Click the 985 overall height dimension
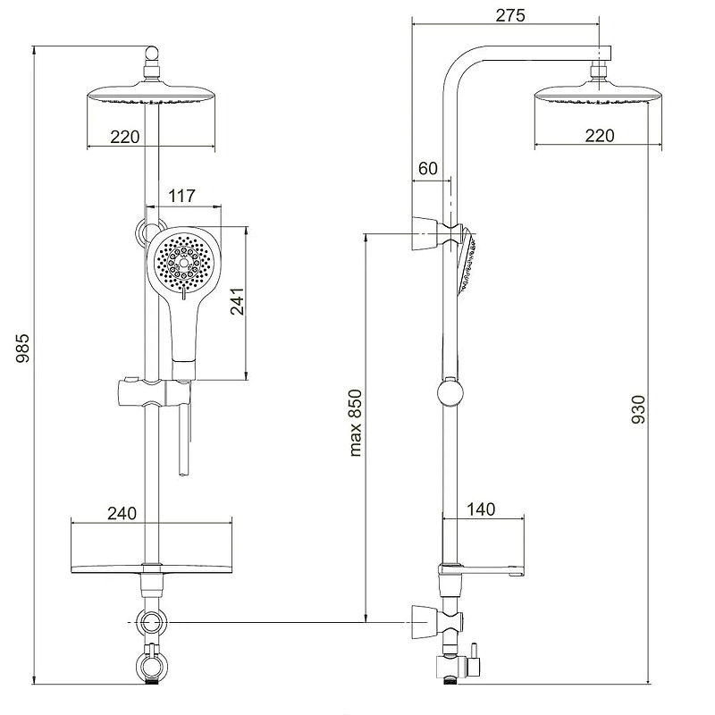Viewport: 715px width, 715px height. point(22,348)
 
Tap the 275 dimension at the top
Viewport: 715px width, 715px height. point(510,15)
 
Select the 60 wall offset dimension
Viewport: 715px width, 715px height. point(428,169)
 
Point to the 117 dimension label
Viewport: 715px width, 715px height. point(181,196)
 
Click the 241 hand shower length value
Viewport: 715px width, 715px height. point(237,301)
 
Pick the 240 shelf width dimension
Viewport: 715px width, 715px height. point(122,513)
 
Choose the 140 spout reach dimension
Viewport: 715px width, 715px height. point(481,509)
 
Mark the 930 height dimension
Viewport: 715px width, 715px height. point(638,409)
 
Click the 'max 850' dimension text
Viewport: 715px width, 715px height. point(355,423)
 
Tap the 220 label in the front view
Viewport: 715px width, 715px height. point(124,137)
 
